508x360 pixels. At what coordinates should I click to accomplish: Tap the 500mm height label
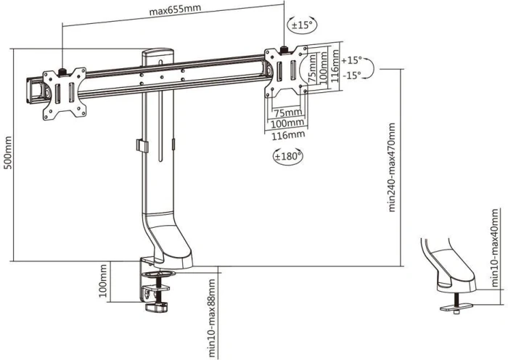point(8,153)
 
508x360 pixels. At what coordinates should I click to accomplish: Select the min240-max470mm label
point(393,167)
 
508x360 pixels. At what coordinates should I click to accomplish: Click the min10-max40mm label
point(495,247)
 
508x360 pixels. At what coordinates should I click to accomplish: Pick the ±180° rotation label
point(288,155)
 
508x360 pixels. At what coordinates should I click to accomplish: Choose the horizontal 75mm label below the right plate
point(288,112)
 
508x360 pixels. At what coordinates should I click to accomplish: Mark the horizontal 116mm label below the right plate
point(288,135)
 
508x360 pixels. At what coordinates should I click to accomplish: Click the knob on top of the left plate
point(63,71)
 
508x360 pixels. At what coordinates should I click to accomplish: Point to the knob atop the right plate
point(284,49)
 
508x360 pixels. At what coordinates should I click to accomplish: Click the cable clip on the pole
point(139,145)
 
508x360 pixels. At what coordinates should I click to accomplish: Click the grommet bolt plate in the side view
point(451,308)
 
